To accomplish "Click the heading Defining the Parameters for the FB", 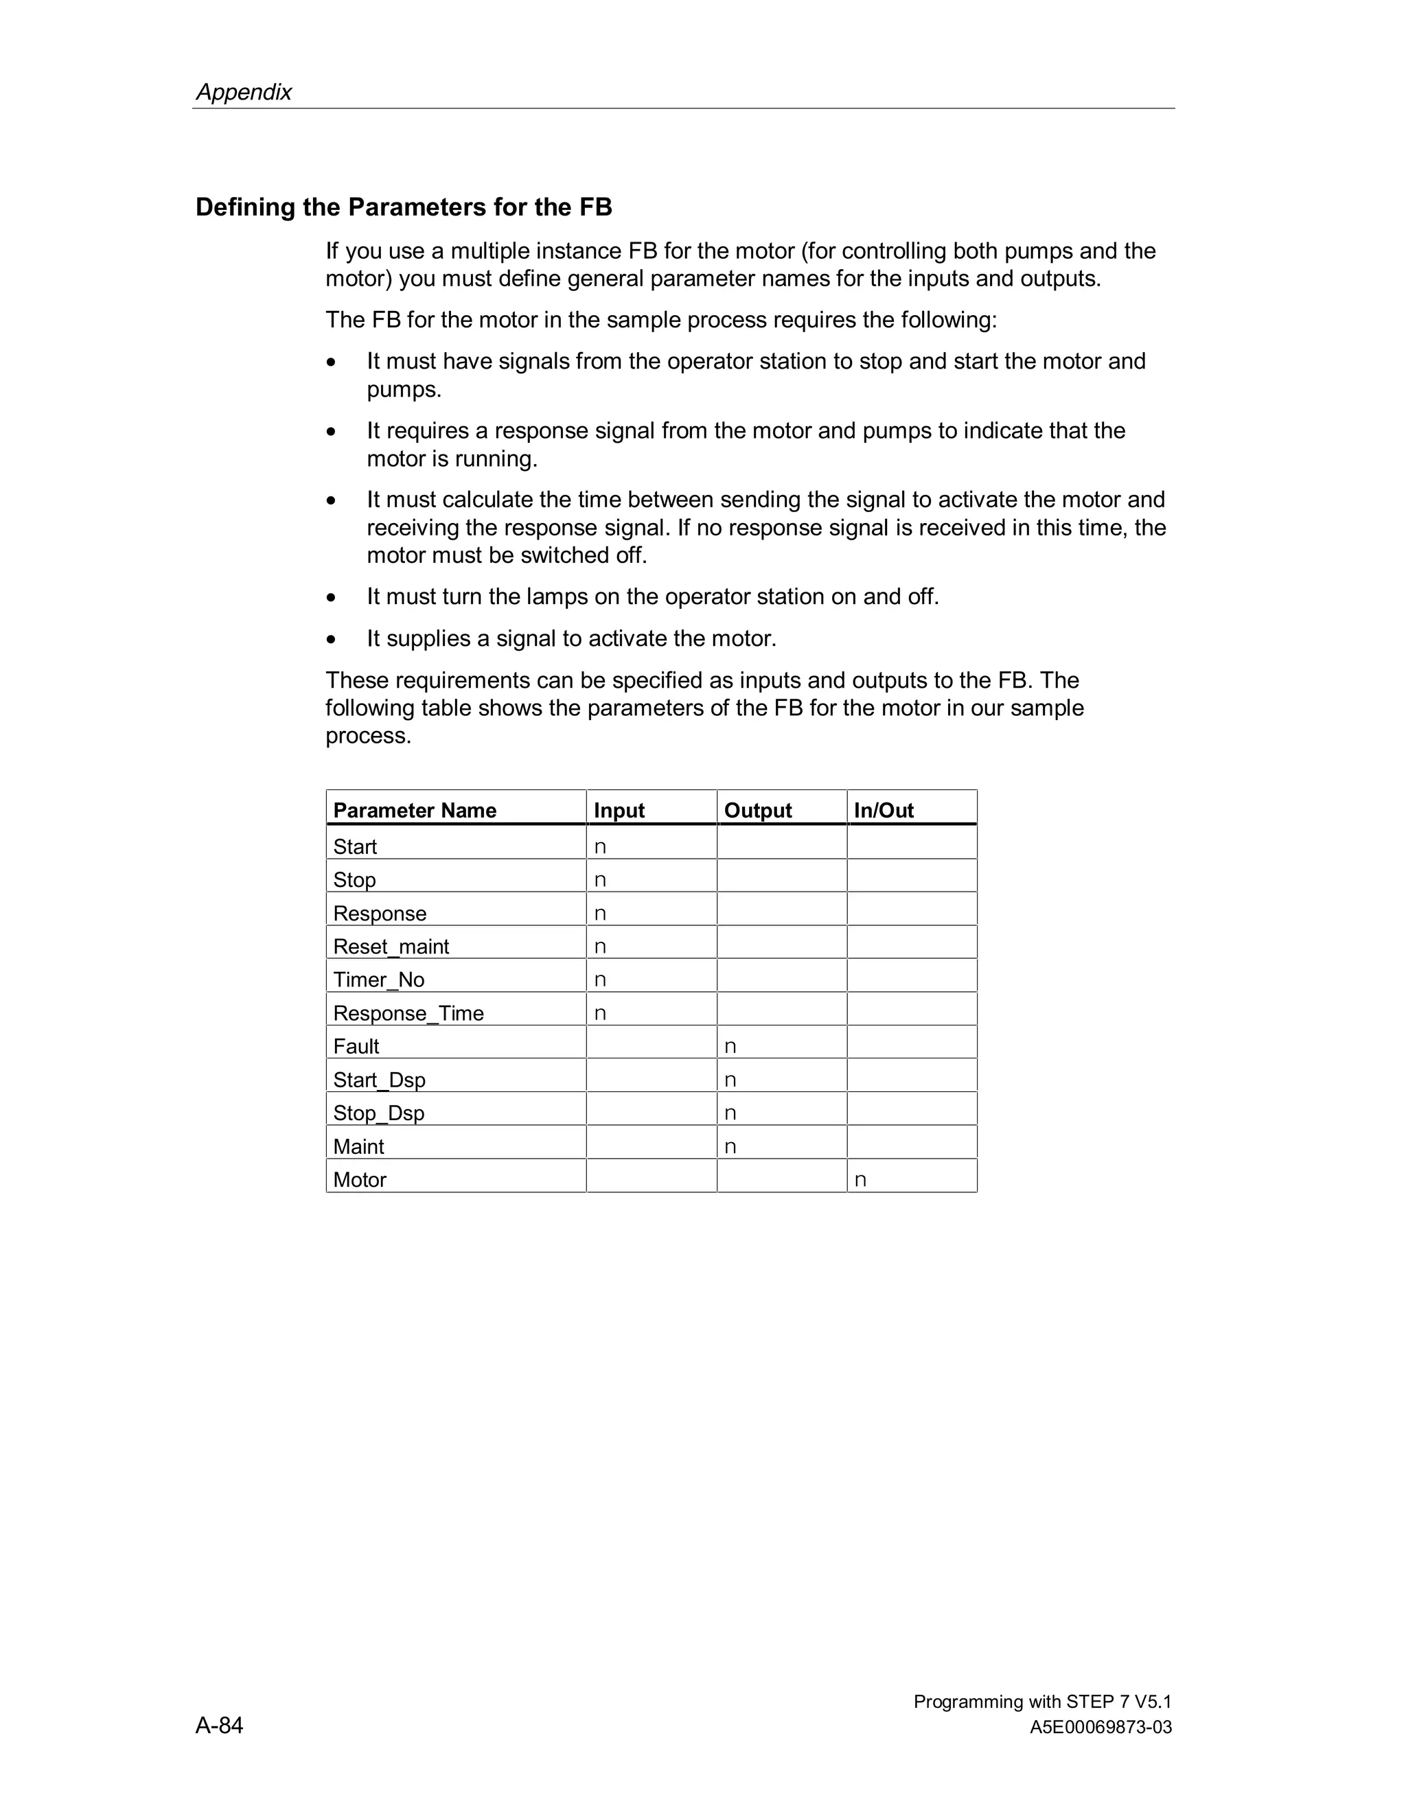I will (x=403, y=207).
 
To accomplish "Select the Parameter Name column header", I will (x=414, y=811).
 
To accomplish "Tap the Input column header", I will (x=619, y=811).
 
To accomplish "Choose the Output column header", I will (x=757, y=811).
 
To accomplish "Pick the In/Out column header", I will (x=883, y=811).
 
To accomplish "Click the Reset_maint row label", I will (x=391, y=947).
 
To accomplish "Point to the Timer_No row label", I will (x=378, y=980).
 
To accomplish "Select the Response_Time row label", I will (x=408, y=1014).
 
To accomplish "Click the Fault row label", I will (x=356, y=1047).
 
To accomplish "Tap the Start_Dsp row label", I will (x=379, y=1080).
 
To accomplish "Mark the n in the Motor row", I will (x=860, y=1180).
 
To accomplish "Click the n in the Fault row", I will (x=730, y=1047).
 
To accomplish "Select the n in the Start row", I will (x=600, y=847).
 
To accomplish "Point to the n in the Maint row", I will (x=730, y=1147).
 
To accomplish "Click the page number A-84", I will (x=219, y=1725).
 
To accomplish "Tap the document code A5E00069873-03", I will (x=1100, y=1728).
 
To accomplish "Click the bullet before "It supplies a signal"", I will (x=332, y=640).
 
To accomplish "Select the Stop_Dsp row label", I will (x=378, y=1113).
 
